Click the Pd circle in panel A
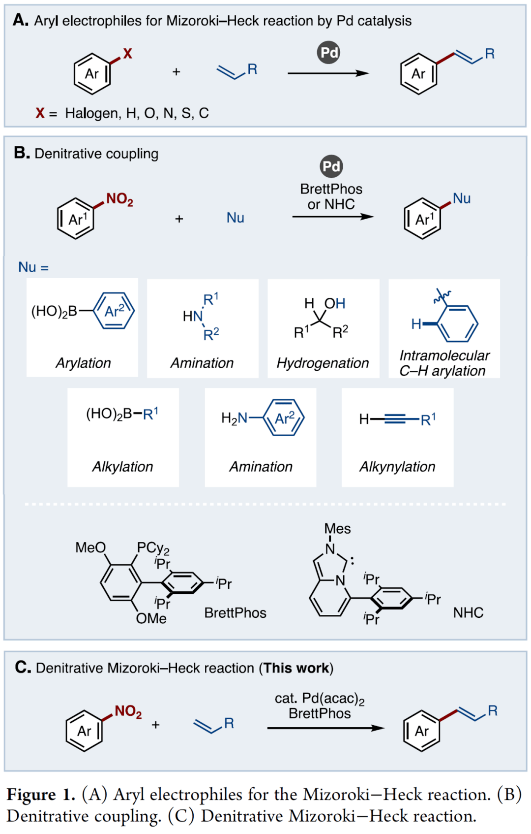(x=328, y=53)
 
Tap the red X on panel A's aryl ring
(x=127, y=54)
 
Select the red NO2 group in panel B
(x=119, y=199)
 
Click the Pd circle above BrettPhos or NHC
(x=331, y=166)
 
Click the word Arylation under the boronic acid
(x=83, y=363)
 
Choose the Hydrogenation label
(x=323, y=363)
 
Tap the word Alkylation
(x=123, y=467)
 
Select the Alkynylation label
(x=397, y=467)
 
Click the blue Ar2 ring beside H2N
(x=284, y=418)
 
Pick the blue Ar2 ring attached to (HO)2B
(x=114, y=311)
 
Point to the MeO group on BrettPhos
(x=90, y=547)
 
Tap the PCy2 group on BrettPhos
(x=153, y=548)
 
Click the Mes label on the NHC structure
(x=337, y=529)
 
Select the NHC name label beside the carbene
(x=468, y=613)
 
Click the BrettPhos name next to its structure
(x=235, y=613)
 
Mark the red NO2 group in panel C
(x=128, y=711)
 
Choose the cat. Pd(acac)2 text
(x=320, y=699)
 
